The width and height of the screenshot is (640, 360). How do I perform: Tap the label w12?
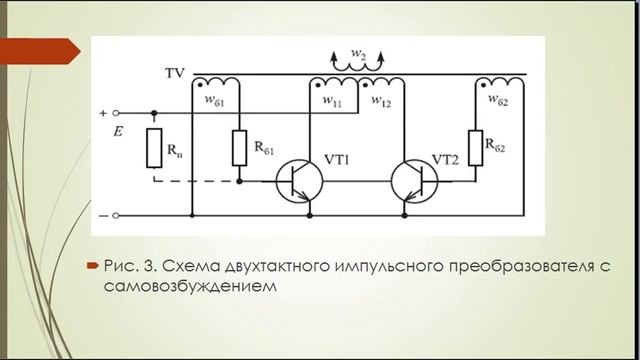pyautogui.click(x=380, y=102)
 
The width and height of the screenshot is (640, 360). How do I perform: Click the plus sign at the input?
pyautogui.click(x=103, y=113)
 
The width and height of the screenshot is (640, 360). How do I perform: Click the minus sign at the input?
pyautogui.click(x=103, y=215)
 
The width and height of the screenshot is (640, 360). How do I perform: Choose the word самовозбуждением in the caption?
pyautogui.click(x=189, y=286)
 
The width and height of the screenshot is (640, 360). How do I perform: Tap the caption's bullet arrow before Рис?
pyautogui.click(x=91, y=267)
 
